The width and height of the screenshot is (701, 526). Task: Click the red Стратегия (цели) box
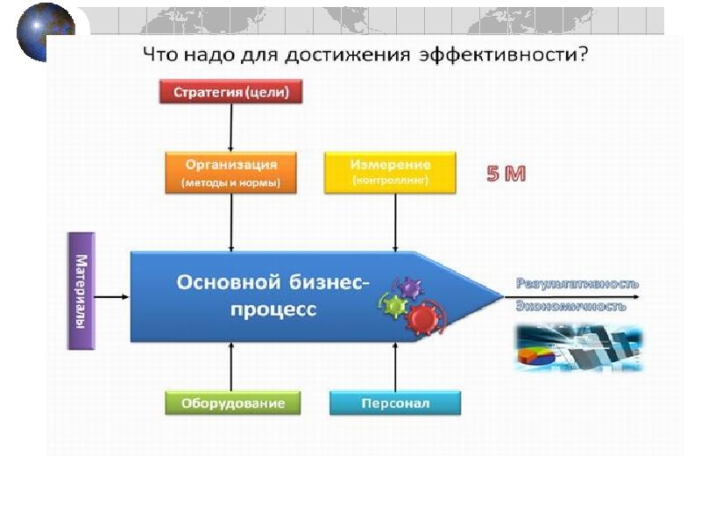tap(231, 91)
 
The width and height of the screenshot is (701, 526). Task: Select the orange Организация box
tap(231, 173)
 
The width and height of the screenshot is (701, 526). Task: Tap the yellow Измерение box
tap(390, 173)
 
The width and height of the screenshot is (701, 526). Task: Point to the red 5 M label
tap(506, 174)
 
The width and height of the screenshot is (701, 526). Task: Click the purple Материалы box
tap(81, 291)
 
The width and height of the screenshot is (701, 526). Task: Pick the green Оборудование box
tap(233, 403)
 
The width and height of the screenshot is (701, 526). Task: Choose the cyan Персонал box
tap(395, 403)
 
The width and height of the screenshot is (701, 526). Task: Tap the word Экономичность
tap(570, 307)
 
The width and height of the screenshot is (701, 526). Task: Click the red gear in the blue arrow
tap(424, 316)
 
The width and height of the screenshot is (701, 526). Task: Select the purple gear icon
tap(410, 288)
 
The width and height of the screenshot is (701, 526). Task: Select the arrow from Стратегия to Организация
tap(231, 127)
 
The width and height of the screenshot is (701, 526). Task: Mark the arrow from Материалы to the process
tap(112, 297)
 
